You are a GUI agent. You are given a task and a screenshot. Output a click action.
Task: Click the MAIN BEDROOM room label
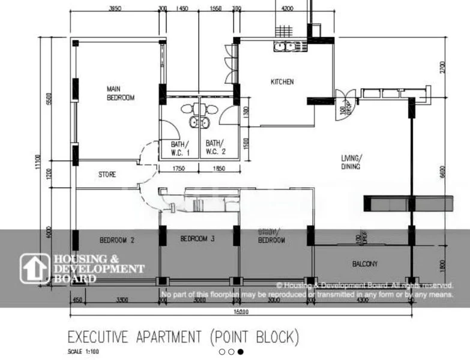coord(120,93)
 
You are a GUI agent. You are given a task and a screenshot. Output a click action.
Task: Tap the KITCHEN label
coord(282,82)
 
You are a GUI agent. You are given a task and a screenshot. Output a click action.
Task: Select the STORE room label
coord(107,175)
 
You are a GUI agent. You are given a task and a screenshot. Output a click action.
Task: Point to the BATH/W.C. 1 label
coord(179,148)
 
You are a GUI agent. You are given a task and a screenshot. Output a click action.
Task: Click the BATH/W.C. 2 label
coord(214,148)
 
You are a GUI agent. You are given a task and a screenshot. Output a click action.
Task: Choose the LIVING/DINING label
coord(351,162)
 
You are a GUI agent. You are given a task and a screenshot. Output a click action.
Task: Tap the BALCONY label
coord(365,263)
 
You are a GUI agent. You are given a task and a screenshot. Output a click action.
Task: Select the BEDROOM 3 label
coord(197,239)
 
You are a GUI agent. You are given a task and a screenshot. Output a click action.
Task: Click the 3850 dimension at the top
coord(115,9)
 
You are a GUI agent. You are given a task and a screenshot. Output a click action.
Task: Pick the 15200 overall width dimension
coord(241,312)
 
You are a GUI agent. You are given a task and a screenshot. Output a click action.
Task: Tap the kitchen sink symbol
coord(285,46)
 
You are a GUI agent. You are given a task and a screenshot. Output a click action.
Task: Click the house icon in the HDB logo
coord(35,268)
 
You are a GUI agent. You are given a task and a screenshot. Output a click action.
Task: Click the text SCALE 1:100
coord(83,352)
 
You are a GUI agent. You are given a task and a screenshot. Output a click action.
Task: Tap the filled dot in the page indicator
coord(240,352)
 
